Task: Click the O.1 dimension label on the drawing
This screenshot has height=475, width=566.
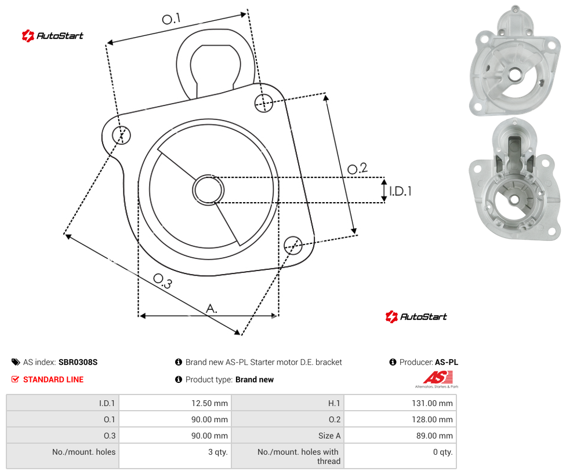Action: tap(171, 19)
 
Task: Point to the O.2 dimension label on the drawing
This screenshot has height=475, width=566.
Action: tap(357, 169)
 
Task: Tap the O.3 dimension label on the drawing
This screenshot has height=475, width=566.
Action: tap(163, 281)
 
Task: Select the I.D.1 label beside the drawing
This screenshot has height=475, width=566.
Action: tap(400, 191)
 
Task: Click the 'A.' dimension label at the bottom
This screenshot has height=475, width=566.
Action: tap(212, 309)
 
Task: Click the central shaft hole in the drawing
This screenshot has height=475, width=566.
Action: tap(208, 190)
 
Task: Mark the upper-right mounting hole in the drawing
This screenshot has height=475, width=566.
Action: tap(264, 103)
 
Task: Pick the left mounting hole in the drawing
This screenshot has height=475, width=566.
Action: tap(121, 135)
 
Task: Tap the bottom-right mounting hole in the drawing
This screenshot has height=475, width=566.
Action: tap(293, 245)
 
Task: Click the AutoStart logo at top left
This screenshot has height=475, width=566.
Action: tap(53, 36)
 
